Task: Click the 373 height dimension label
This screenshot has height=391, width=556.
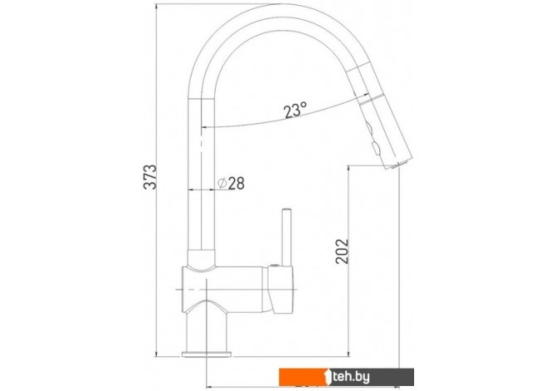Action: click(x=150, y=177)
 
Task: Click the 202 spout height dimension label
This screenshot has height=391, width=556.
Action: click(x=342, y=252)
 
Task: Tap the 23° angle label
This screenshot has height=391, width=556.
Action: click(x=295, y=110)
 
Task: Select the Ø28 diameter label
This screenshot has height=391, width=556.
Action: click(x=231, y=183)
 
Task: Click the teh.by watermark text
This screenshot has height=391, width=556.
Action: click(x=351, y=377)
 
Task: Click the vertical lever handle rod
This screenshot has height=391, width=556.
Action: click(x=286, y=237)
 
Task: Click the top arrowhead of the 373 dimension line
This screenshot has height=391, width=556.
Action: click(x=156, y=7)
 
